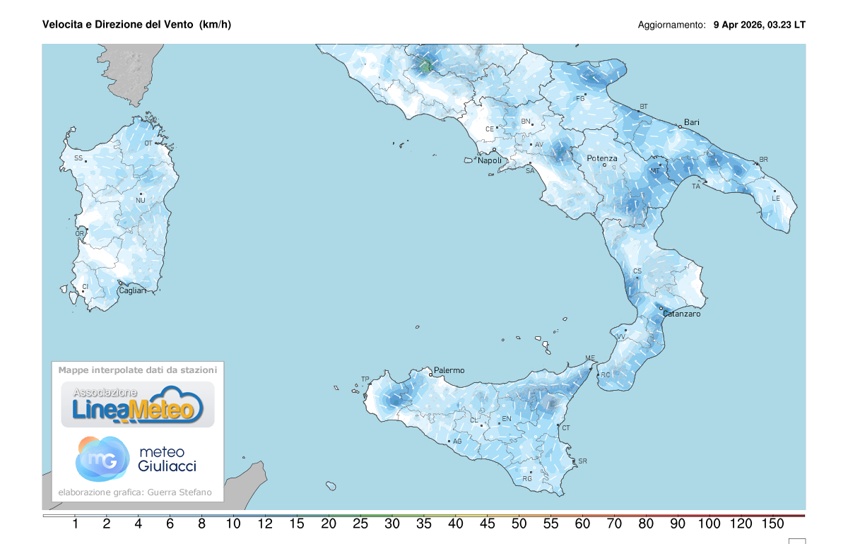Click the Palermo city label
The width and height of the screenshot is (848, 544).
(x=449, y=370)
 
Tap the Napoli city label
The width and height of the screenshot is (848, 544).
(x=490, y=160)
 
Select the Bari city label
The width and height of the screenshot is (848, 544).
(x=691, y=122)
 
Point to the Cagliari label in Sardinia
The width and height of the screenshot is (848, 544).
(x=132, y=291)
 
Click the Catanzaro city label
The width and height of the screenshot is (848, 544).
(x=681, y=314)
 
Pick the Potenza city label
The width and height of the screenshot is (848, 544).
(x=602, y=158)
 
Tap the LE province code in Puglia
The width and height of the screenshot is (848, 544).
(x=775, y=199)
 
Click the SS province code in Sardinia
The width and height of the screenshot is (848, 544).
(x=78, y=158)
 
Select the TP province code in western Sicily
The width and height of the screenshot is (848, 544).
(x=365, y=379)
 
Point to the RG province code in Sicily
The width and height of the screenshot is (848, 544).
(x=526, y=479)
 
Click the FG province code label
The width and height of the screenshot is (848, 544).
(x=580, y=98)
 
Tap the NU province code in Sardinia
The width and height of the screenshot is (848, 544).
(x=140, y=201)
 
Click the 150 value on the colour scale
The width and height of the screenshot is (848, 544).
(x=773, y=524)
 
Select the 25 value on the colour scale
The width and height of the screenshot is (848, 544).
(x=360, y=524)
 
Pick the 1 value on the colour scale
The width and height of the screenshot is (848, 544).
(x=75, y=524)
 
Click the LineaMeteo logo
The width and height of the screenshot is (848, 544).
(x=138, y=405)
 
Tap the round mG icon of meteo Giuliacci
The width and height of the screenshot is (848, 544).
(x=102, y=459)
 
